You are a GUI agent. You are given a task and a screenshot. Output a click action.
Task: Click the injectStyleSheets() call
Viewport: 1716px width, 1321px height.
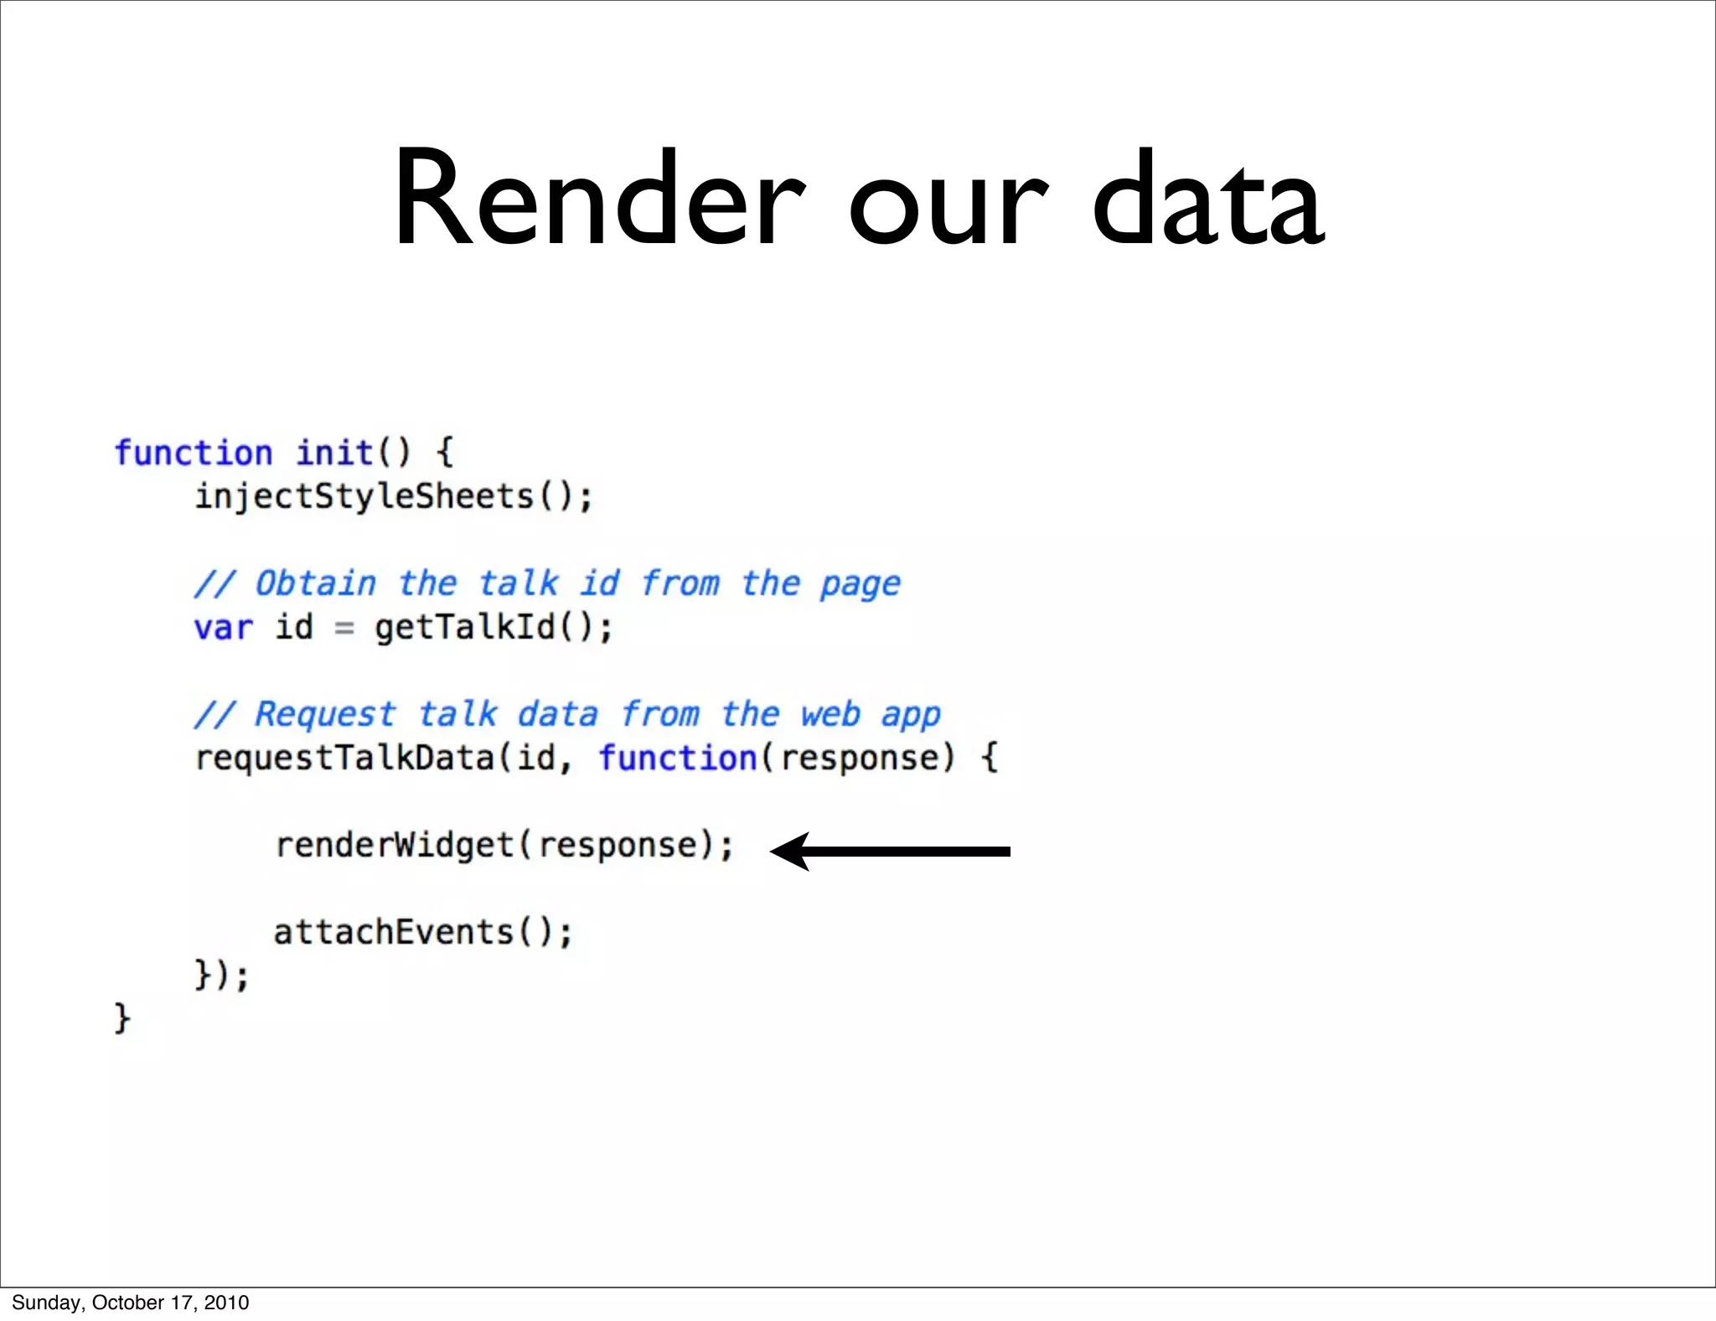tap(394, 496)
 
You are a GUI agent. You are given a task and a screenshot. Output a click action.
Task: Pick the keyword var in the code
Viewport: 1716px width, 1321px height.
tap(223, 628)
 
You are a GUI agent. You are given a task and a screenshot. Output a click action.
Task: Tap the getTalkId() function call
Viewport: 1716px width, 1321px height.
tap(494, 627)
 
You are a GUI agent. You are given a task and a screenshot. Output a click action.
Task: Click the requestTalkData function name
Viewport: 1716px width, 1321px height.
tap(344, 759)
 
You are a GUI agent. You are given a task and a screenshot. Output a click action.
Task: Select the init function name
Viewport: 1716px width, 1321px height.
tap(334, 453)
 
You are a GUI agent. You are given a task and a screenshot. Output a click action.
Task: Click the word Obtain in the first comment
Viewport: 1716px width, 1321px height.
tap(316, 583)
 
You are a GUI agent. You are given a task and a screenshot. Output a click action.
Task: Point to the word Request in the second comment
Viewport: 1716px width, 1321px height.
tap(324, 714)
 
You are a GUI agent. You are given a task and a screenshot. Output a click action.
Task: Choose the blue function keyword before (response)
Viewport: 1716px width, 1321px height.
tap(678, 758)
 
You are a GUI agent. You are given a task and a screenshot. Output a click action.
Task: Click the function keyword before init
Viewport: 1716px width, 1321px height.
tap(194, 453)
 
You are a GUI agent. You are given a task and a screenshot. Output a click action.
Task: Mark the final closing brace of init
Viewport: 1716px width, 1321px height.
tap(122, 1018)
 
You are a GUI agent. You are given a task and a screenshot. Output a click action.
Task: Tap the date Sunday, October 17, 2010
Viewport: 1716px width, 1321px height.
tap(131, 1303)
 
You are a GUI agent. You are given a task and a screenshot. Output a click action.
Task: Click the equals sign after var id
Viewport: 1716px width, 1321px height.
tap(344, 628)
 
